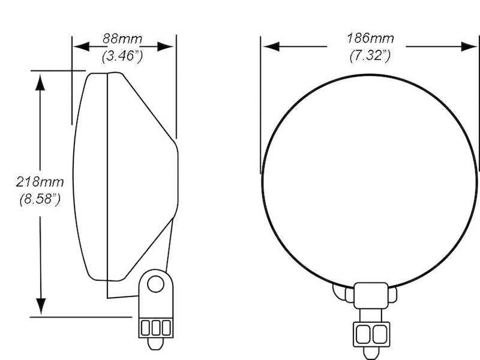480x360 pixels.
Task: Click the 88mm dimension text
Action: pyautogui.click(x=122, y=39)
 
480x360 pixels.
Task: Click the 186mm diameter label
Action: pyautogui.click(x=370, y=39)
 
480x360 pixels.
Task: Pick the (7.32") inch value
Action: pyautogui.click(x=370, y=56)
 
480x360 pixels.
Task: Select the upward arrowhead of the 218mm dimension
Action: pyautogui.click(x=40, y=82)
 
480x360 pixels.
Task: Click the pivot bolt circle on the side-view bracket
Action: pyautogui.click(x=155, y=284)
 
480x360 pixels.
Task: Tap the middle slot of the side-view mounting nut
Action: pyautogui.click(x=155, y=328)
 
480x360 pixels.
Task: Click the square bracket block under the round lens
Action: pyautogui.click(x=371, y=295)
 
